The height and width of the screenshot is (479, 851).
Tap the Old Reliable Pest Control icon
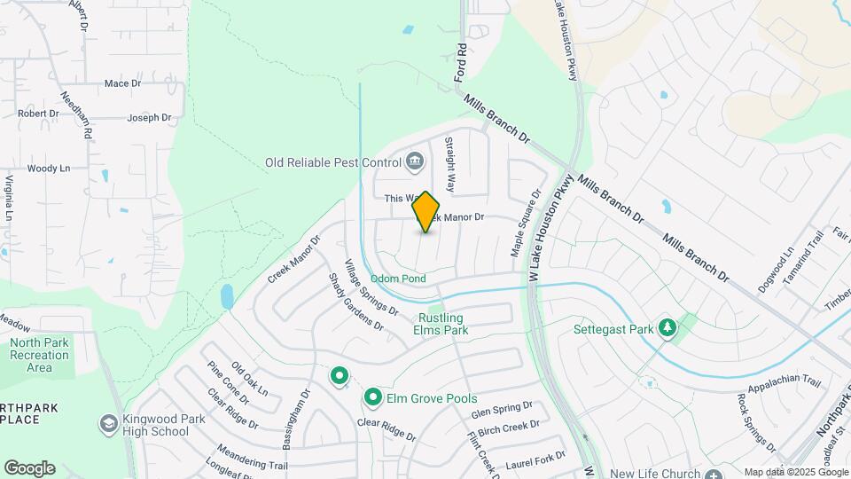tap(414, 162)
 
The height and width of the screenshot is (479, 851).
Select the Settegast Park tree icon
tap(667, 329)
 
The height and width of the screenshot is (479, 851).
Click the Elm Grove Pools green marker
tap(373, 398)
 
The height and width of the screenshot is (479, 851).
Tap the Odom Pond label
tap(398, 279)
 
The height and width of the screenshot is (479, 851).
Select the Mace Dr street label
tap(122, 83)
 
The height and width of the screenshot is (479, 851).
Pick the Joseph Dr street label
tap(148, 117)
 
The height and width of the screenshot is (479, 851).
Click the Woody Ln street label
tap(48, 169)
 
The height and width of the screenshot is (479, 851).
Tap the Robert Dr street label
tap(38, 114)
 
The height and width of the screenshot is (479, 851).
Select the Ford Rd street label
tap(461, 63)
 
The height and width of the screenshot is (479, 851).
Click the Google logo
tap(28, 468)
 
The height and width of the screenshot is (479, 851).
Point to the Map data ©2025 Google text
tap(795, 472)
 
